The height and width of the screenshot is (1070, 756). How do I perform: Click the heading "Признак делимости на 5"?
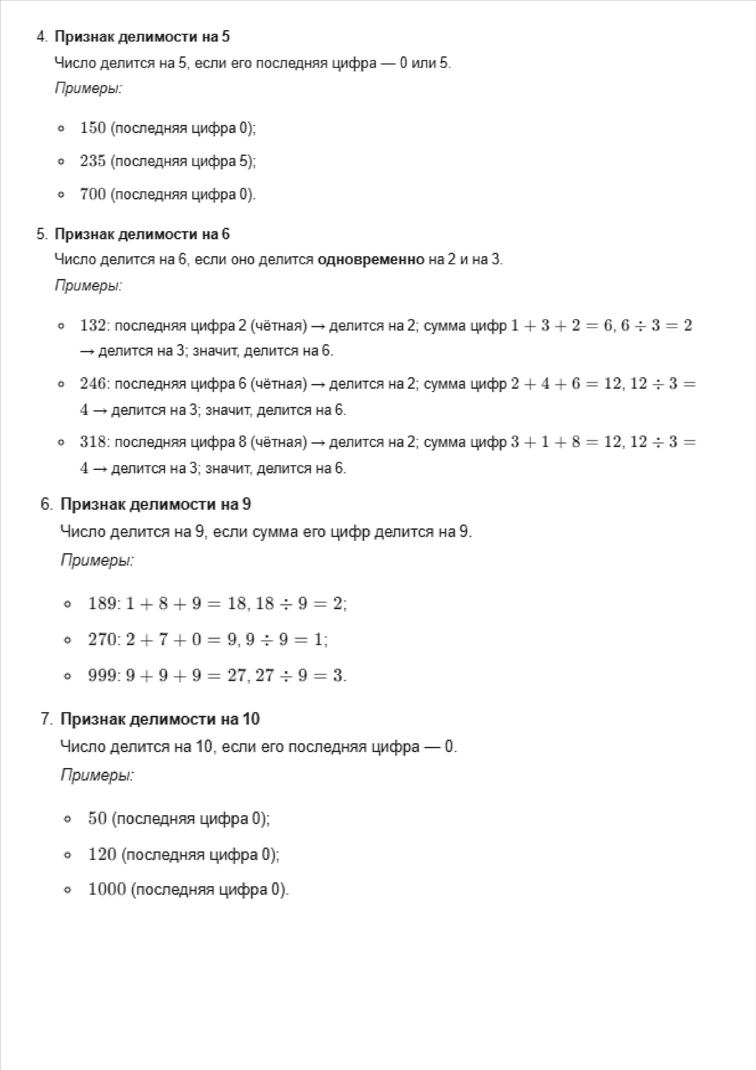[x=142, y=37]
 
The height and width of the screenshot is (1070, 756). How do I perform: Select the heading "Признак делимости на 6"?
[x=142, y=234]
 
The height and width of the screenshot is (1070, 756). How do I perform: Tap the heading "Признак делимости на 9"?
[x=156, y=504]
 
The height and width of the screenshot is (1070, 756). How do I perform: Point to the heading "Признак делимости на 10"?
[x=160, y=719]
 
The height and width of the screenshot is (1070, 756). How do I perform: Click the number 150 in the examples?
[x=93, y=128]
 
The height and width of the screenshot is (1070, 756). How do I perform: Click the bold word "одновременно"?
[x=371, y=259]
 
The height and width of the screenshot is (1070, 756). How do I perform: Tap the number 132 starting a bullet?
[x=93, y=325]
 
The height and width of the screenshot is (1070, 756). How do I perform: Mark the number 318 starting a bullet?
[x=93, y=442]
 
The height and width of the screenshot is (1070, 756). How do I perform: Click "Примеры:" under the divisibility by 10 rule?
[x=97, y=775]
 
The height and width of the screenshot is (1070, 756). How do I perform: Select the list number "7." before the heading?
[x=47, y=719]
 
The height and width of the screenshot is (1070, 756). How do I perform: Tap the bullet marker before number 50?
[x=68, y=819]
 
